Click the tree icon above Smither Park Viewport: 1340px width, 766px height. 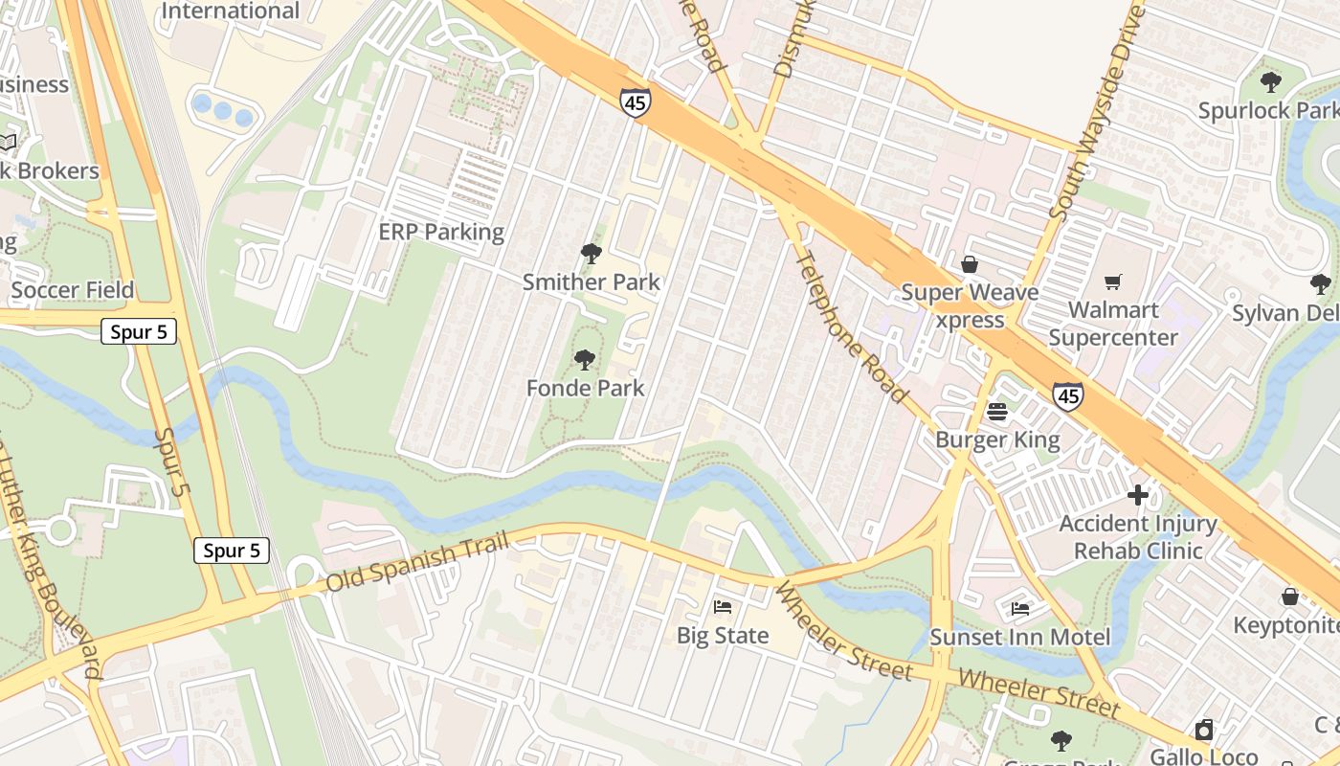pyautogui.click(x=592, y=254)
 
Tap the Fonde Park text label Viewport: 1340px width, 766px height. pyautogui.click(x=585, y=388)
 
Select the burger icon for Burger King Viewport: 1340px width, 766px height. pyautogui.click(x=997, y=413)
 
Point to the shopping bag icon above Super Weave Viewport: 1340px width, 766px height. pyautogui.click(x=970, y=264)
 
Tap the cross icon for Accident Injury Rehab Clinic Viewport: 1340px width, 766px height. pyautogui.click(x=1138, y=495)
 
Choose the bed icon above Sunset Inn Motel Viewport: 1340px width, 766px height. pyautogui.click(x=1020, y=609)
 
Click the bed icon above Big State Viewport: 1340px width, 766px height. pyautogui.click(x=723, y=607)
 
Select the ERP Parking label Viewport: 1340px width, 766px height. pyautogui.click(x=441, y=232)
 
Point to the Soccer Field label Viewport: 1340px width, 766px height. pyautogui.click(x=73, y=290)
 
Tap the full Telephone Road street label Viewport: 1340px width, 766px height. pyautogui.click(x=851, y=327)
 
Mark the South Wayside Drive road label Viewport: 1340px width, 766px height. pyautogui.click(x=1097, y=111)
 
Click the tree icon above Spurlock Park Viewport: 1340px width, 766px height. pyautogui.click(x=1271, y=82)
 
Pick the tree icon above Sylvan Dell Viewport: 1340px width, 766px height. pyautogui.click(x=1321, y=284)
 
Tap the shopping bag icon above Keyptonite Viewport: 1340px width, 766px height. pyautogui.click(x=1290, y=597)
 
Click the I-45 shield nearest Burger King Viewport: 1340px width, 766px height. pyautogui.click(x=1068, y=395)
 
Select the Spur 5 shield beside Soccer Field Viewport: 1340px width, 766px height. pyautogui.click(x=139, y=332)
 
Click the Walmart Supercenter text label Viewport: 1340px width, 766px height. pyautogui.click(x=1113, y=324)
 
